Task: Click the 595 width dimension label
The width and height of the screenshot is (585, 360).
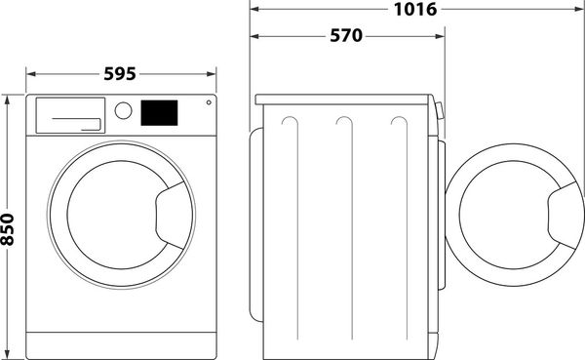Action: tap(118, 74)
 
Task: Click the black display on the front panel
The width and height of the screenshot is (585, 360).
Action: tap(160, 112)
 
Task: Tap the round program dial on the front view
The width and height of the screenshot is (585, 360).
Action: tap(123, 110)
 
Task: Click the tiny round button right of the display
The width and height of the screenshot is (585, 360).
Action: tap(207, 102)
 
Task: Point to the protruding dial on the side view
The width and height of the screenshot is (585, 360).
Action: tap(438, 112)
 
